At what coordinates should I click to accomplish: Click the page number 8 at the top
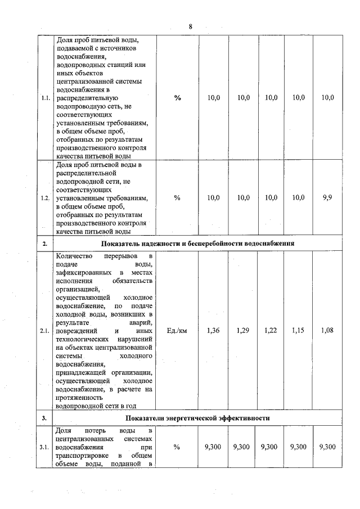(191, 26)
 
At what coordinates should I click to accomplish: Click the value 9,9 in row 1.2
(328, 197)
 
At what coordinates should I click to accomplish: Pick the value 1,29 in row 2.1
(243, 331)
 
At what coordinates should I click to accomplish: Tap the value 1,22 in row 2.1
(271, 331)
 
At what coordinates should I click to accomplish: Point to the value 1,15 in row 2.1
(299, 331)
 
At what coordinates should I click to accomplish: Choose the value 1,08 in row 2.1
(328, 331)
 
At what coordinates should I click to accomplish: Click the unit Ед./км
(177, 331)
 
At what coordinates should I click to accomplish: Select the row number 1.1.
(45, 98)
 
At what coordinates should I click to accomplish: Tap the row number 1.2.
(45, 197)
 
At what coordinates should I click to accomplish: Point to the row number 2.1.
(45, 331)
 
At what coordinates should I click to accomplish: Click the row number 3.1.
(45, 447)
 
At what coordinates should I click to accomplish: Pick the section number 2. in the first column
(44, 243)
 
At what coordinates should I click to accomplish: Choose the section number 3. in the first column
(44, 418)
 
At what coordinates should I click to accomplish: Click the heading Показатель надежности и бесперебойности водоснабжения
(198, 243)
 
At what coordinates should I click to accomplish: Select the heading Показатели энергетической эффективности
(198, 418)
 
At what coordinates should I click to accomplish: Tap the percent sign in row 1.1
(177, 98)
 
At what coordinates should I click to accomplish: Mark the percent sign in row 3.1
(177, 447)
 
